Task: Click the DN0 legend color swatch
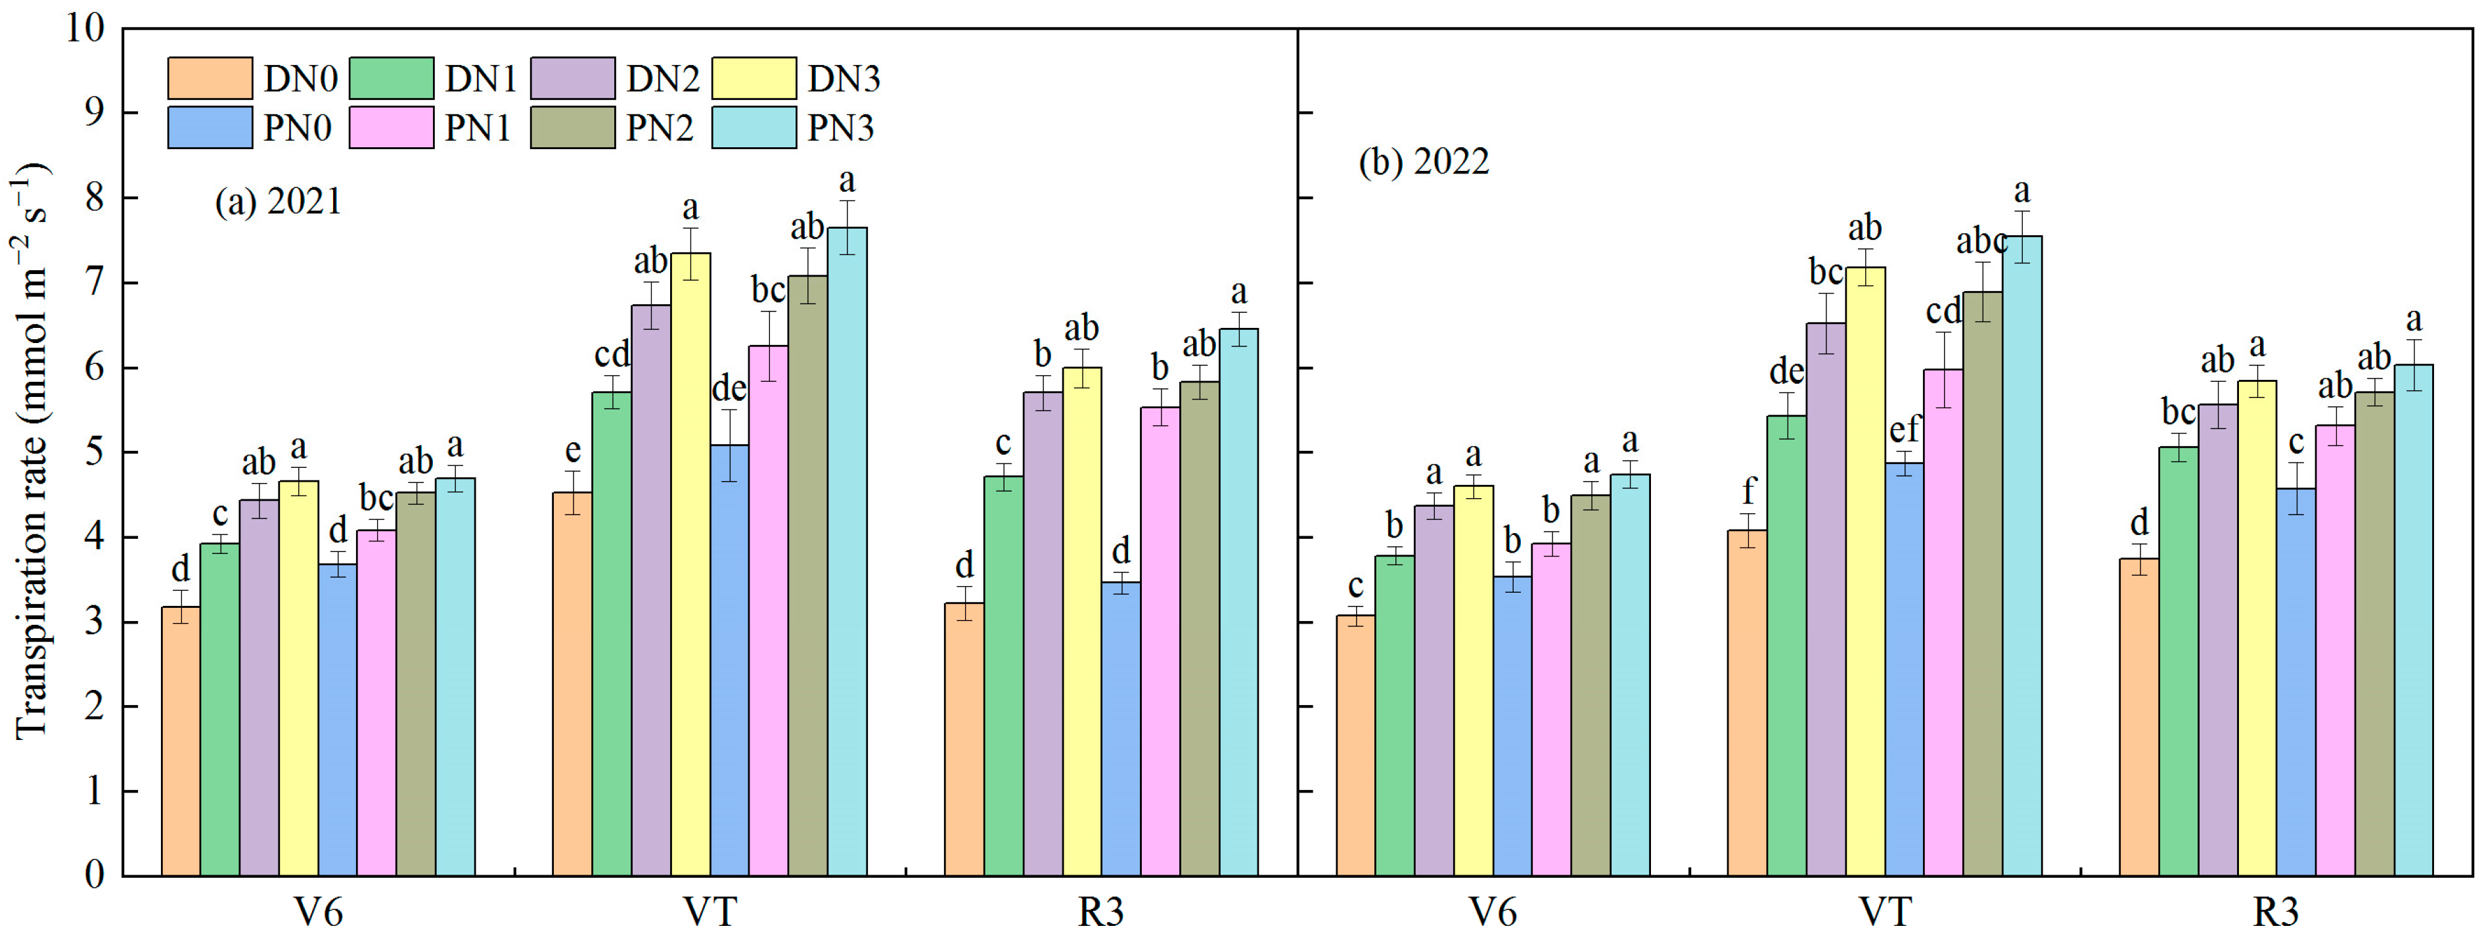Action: tap(210, 78)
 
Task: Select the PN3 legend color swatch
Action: tap(754, 127)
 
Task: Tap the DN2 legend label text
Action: tap(662, 79)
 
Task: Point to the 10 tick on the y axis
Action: tap(85, 28)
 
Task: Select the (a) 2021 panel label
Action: tap(278, 202)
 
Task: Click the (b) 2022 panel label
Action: tap(1424, 161)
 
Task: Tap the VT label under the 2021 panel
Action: tap(710, 911)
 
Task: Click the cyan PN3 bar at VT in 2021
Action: tap(846, 550)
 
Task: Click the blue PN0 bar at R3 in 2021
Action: tap(1120, 729)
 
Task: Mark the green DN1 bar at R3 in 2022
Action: tap(2178, 661)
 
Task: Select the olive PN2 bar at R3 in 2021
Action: tap(1198, 628)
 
